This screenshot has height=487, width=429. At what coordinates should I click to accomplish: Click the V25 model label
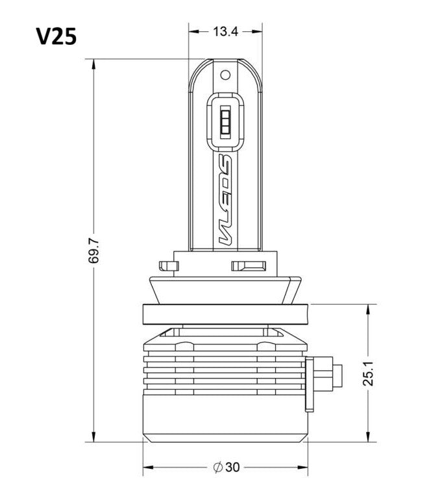[56, 36]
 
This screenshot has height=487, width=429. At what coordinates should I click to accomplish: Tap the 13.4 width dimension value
[225, 31]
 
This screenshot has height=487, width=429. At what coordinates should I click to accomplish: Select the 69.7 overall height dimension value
[93, 251]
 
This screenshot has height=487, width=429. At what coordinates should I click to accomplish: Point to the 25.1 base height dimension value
[369, 373]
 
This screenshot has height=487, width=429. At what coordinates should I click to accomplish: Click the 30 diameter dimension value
[232, 467]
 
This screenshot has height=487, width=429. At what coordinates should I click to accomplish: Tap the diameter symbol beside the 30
[218, 467]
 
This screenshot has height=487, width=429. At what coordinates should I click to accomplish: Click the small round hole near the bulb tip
[225, 75]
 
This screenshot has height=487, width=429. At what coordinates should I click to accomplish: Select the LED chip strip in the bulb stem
[225, 121]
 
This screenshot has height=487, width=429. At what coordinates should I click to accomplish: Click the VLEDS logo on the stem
[225, 199]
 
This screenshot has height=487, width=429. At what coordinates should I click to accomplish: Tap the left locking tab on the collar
[169, 266]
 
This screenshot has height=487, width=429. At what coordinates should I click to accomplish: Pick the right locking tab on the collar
[249, 266]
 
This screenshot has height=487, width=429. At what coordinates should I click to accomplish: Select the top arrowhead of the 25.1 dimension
[369, 310]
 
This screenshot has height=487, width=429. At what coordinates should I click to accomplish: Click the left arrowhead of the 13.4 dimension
[195, 31]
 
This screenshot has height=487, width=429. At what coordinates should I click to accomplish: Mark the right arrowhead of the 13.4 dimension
[256, 31]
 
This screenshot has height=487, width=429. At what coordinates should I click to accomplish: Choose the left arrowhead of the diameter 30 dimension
[149, 467]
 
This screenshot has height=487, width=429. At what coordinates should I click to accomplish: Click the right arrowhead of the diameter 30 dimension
[302, 467]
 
